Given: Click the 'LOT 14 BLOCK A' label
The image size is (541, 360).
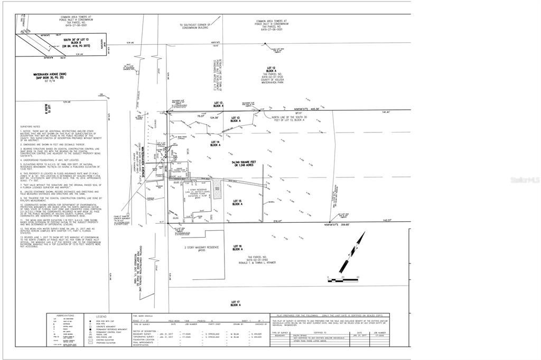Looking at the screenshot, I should coord(214,143).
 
